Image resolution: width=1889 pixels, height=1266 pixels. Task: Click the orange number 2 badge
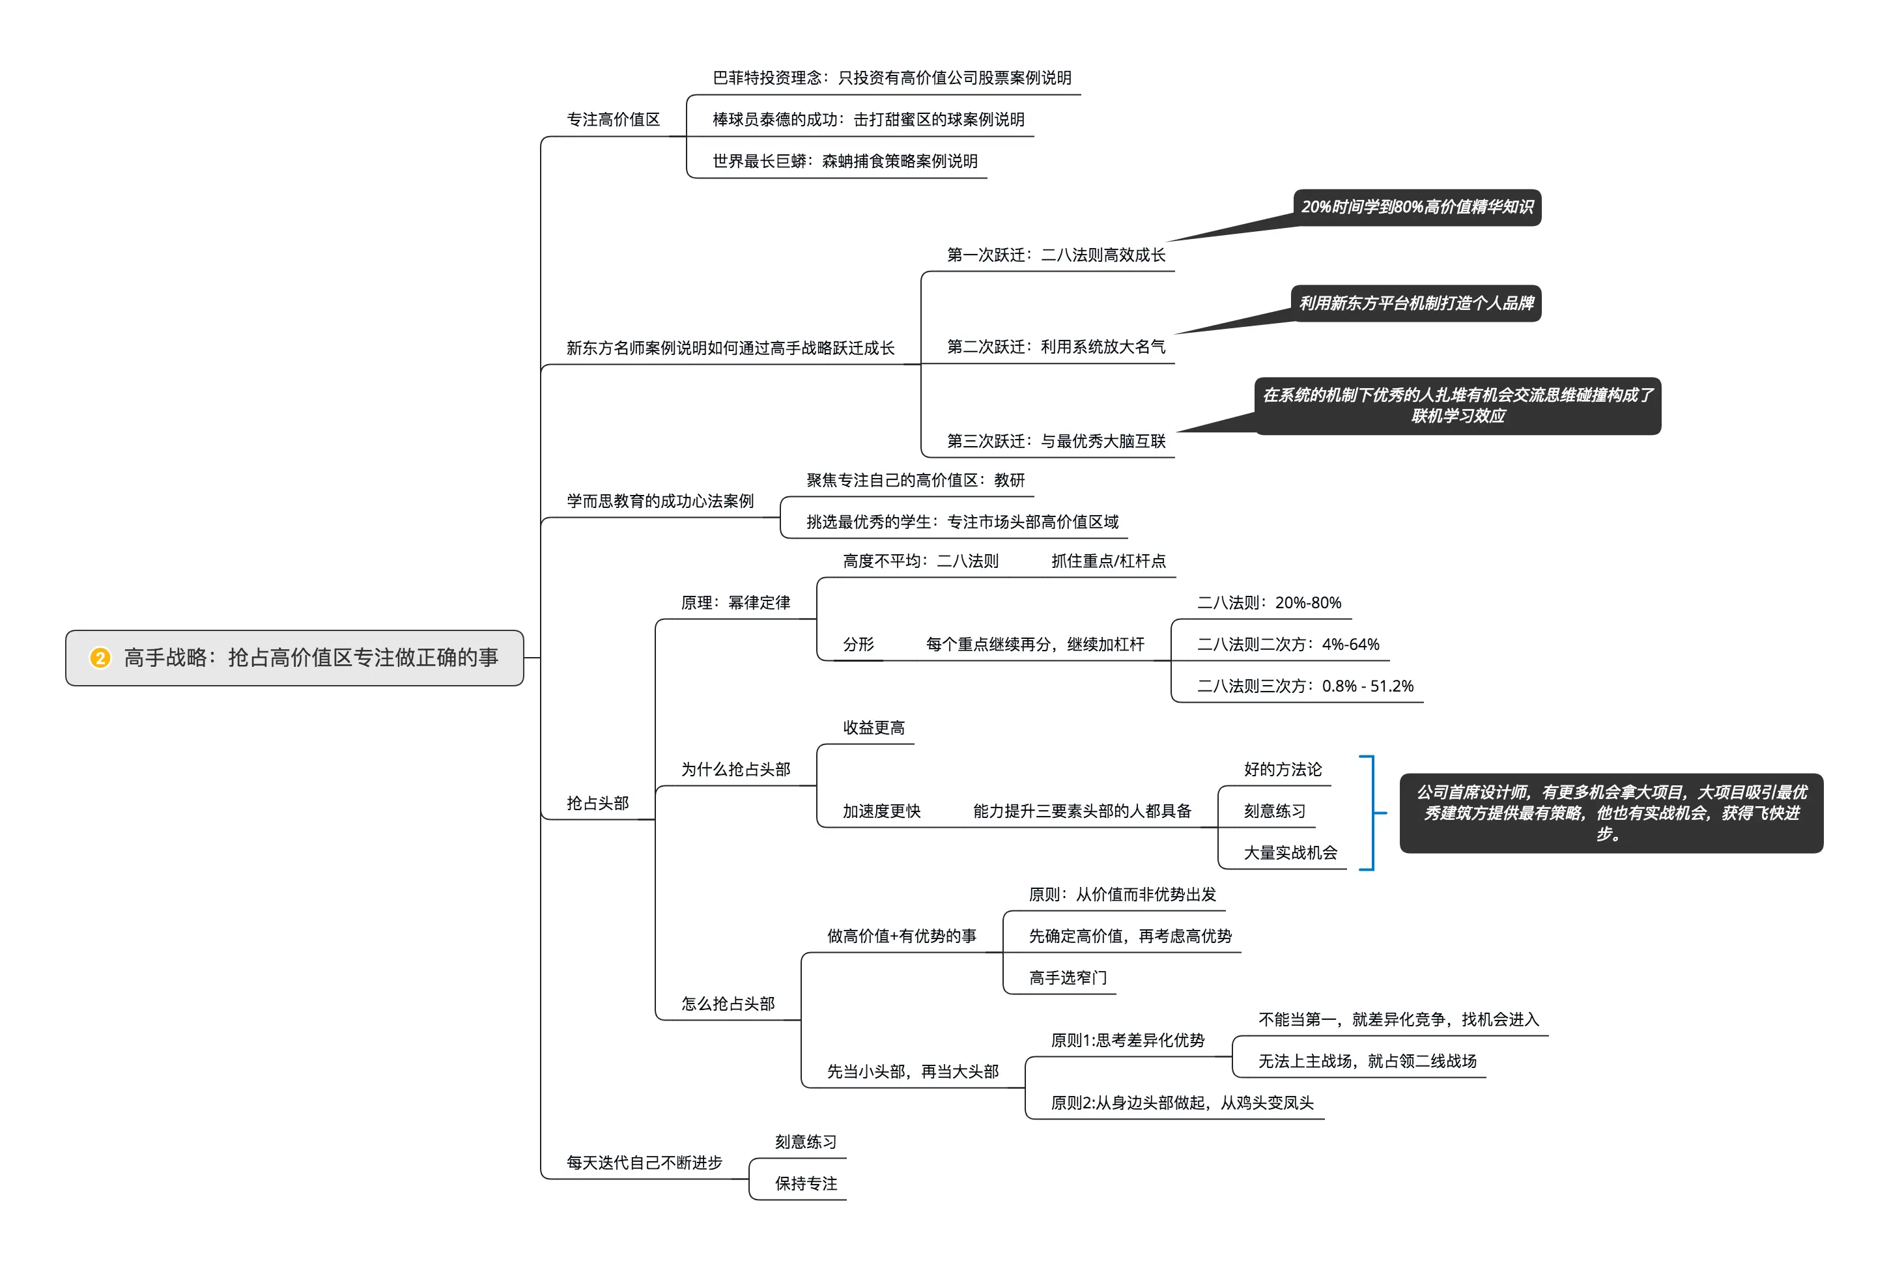(100, 658)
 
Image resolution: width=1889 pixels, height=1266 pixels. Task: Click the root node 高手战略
(311, 658)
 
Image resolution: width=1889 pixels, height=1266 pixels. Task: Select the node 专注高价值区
(613, 119)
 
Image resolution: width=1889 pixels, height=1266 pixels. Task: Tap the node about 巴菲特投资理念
(892, 77)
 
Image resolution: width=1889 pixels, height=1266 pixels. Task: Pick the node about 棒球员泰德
(868, 119)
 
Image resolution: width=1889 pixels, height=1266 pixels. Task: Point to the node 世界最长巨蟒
(845, 162)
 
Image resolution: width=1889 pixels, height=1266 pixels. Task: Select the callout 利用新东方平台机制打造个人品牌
(1415, 303)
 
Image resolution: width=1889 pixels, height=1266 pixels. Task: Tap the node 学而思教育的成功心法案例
(660, 501)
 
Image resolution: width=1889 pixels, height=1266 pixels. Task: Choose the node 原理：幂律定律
(735, 603)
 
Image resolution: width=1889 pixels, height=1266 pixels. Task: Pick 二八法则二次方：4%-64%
(1288, 644)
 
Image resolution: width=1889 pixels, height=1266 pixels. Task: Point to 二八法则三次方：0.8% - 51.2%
(1305, 686)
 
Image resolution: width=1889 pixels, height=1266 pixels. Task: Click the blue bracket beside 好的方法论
(1371, 812)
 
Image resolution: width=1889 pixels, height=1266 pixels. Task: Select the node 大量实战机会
(1290, 853)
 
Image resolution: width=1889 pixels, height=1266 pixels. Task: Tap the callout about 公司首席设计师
(1611, 813)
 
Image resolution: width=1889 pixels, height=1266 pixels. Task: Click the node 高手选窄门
(1068, 978)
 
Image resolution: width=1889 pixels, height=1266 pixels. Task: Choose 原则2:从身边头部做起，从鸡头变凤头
(1182, 1103)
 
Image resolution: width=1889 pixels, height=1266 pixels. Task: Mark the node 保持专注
(806, 1184)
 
